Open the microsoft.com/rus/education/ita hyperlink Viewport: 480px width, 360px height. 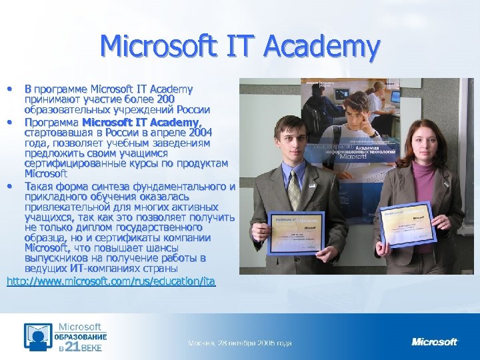(111, 281)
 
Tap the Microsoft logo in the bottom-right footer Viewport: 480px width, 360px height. (435, 342)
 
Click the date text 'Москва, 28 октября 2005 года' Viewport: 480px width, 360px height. (239, 343)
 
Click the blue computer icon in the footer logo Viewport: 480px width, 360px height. (37, 337)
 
